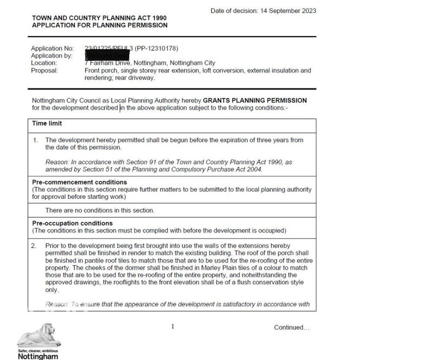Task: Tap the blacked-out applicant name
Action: pos(107,56)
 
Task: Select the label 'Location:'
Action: pos(44,63)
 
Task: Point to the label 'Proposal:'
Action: pos(44,71)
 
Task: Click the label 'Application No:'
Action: pos(52,48)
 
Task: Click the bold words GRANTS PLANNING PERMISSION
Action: pos(255,100)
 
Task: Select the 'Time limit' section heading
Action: pos(47,124)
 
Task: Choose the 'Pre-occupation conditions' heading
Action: pos(72,223)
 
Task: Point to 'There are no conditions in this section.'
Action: pos(100,210)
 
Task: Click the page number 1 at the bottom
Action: pos(173,327)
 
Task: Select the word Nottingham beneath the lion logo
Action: pos(38,356)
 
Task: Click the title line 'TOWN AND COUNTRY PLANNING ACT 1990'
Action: pos(99,18)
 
